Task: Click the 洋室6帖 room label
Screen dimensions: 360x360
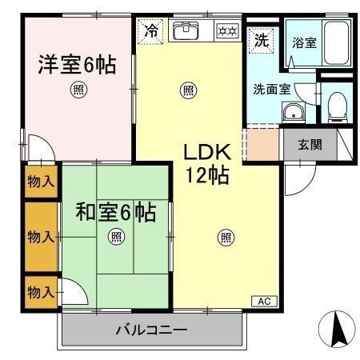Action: [77, 64]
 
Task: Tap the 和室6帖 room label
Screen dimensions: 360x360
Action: [115, 213]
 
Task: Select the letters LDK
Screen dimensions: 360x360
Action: [209, 152]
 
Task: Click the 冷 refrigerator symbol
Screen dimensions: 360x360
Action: [150, 32]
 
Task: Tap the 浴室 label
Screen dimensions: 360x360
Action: [303, 42]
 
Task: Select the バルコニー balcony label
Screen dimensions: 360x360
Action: [150, 329]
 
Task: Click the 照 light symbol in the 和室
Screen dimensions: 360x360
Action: [116, 236]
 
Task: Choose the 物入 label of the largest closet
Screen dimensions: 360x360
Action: [40, 237]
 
